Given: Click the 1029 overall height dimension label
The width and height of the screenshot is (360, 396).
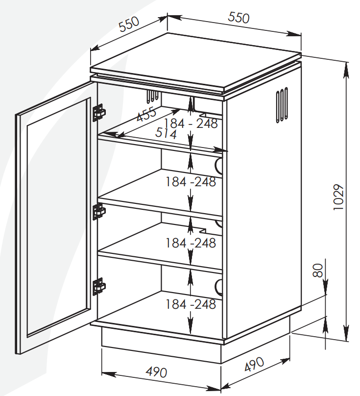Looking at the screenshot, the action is [x=338, y=197].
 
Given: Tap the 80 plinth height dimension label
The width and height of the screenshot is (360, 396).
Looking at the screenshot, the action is [x=318, y=271].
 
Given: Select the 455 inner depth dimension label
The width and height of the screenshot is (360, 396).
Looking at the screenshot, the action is [x=146, y=114].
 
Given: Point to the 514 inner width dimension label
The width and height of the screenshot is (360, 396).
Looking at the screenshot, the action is [x=166, y=133].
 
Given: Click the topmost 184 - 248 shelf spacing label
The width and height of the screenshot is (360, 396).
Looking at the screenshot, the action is [x=191, y=124].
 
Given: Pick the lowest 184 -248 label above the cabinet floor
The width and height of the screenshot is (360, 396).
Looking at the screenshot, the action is [x=191, y=304].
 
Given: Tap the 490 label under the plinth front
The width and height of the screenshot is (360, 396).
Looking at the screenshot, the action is [x=157, y=372].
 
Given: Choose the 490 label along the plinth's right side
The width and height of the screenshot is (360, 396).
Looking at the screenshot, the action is [x=254, y=364].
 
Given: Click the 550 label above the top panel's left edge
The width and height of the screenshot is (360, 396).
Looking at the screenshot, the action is [x=129, y=24].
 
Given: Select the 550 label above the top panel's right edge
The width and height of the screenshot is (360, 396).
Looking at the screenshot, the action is [x=239, y=18].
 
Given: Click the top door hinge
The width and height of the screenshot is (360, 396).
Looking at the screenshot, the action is [x=99, y=113].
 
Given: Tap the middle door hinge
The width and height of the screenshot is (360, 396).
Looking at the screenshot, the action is [x=99, y=211].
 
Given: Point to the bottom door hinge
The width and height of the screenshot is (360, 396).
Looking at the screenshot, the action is [x=99, y=286].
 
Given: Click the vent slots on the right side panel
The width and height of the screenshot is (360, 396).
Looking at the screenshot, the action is [x=282, y=105].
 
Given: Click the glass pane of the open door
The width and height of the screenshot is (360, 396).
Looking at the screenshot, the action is [x=59, y=218].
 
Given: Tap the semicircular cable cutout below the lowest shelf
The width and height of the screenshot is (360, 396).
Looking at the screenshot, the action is [x=218, y=287].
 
